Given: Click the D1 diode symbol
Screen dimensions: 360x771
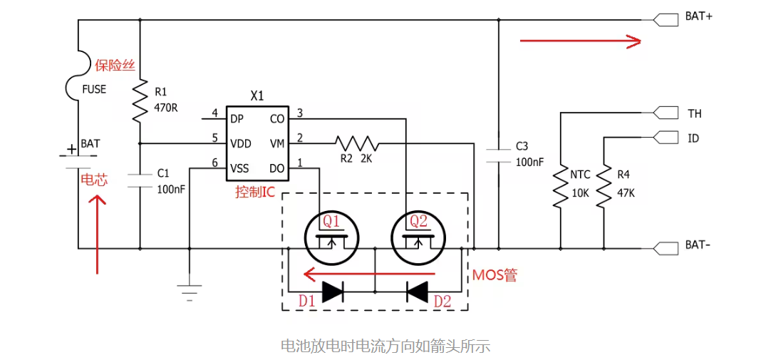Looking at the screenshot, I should click(333, 291).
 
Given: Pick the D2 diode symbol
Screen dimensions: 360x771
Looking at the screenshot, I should click(417, 291).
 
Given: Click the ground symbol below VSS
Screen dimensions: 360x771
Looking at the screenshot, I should click(190, 292).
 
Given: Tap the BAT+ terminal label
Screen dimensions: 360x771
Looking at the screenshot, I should click(699, 16).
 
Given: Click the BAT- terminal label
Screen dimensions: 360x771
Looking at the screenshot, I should click(698, 245).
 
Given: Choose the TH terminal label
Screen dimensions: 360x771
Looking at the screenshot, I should click(694, 113).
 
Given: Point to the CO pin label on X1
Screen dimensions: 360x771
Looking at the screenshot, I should click(277, 119).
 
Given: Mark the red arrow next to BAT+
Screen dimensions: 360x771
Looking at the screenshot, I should click(581, 41).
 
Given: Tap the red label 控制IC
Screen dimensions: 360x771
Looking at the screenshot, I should click(254, 192).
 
